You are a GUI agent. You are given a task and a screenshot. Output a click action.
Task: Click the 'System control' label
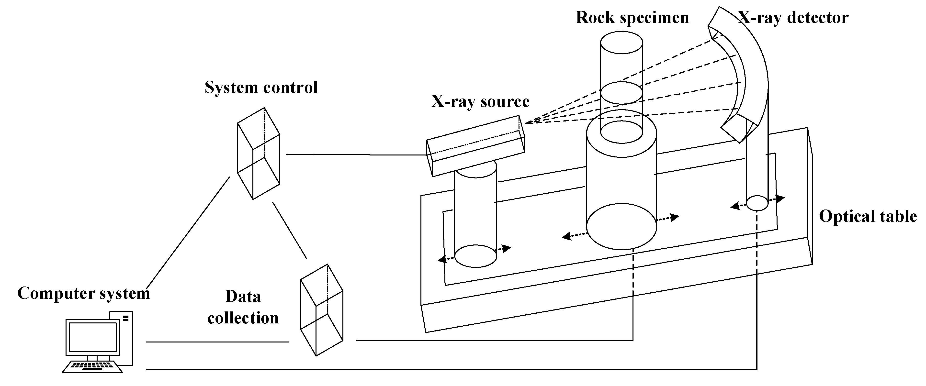coord(261,87)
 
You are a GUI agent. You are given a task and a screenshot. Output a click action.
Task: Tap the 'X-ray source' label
coord(480,101)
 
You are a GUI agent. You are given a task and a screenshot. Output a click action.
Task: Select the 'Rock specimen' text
coord(632,18)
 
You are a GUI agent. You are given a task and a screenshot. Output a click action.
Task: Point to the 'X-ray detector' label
coord(793,18)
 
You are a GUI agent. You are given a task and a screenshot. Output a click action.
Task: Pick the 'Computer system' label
coord(83,293)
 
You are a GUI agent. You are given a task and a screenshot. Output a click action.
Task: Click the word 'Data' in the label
coord(243,297)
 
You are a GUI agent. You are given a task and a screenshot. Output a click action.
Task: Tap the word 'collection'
coord(243,318)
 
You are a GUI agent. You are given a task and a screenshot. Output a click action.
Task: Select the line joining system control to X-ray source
coord(356,155)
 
